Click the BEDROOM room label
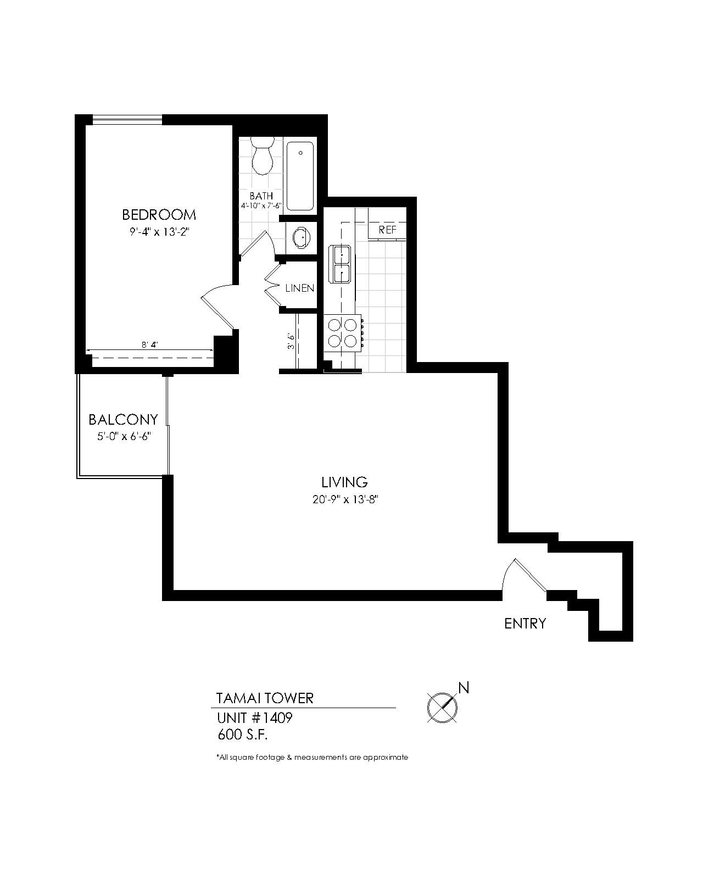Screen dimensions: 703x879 pos(159,214)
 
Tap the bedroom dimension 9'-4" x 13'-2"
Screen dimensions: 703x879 pos(159,232)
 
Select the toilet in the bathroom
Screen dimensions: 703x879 pos(262,155)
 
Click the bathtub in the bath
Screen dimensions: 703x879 pos(300,176)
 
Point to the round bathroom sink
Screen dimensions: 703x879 pos(301,237)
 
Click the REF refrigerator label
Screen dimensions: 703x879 pos(387,230)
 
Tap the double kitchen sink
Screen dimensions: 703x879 pos(339,264)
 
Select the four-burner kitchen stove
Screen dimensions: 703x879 pos(343,332)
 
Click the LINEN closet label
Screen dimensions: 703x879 pos(300,288)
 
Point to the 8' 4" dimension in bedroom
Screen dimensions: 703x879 pos(149,345)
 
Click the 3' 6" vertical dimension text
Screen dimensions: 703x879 pos(291,341)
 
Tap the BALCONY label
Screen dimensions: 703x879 pos(123,420)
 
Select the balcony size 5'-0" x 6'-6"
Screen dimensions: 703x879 pos(124,436)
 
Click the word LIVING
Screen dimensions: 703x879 pos(344,482)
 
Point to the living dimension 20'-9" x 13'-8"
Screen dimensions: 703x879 pos(345,499)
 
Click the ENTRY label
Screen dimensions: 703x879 pos(525,624)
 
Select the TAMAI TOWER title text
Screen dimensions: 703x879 pos(265,698)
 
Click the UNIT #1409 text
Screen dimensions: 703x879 pos(255,717)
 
